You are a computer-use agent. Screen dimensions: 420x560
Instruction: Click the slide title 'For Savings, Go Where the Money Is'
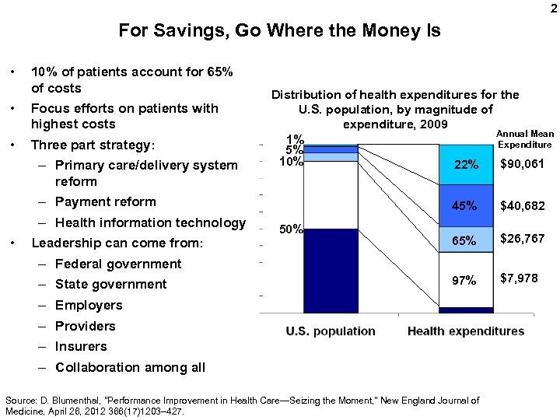click(x=279, y=31)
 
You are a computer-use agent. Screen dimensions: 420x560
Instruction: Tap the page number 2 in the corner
click(x=553, y=9)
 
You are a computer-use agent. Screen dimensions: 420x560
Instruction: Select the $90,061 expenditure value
click(x=522, y=163)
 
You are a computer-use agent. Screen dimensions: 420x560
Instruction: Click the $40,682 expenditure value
click(x=522, y=206)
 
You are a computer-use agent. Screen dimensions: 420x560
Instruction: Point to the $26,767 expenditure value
click(x=522, y=239)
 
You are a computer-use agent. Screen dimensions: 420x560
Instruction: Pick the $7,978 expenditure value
click(x=519, y=278)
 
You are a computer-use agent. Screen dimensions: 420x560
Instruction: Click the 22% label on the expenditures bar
click(x=465, y=165)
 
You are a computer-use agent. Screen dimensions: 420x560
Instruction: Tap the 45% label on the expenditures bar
click(x=465, y=207)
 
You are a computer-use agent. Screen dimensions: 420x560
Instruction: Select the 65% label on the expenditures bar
click(x=465, y=241)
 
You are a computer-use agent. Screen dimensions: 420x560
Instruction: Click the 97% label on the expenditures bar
click(x=465, y=280)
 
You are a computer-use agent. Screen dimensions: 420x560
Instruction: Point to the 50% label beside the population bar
click(x=291, y=229)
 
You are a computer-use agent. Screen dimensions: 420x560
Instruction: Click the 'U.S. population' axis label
click(x=331, y=331)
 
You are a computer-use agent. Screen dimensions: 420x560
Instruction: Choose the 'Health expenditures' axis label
click(x=466, y=331)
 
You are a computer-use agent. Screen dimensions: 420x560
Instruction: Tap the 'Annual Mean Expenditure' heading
click(x=525, y=139)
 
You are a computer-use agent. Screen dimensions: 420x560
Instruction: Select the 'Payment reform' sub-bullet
click(x=106, y=202)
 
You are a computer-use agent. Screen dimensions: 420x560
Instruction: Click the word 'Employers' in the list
click(x=89, y=306)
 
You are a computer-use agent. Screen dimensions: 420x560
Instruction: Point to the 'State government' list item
click(x=110, y=285)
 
